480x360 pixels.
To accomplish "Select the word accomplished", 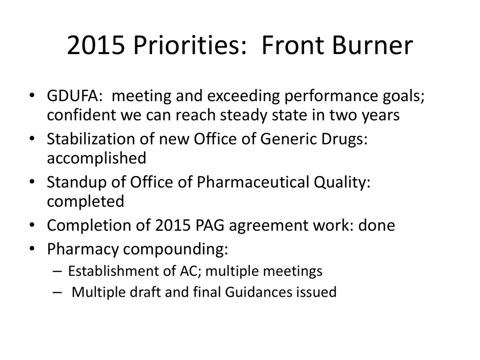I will point(96,158).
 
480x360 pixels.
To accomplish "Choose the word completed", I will point(85,201).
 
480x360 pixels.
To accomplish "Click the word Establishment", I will point(106,271).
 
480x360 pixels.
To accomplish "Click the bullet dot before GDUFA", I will point(32,96).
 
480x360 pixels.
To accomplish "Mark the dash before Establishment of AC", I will point(57,271).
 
